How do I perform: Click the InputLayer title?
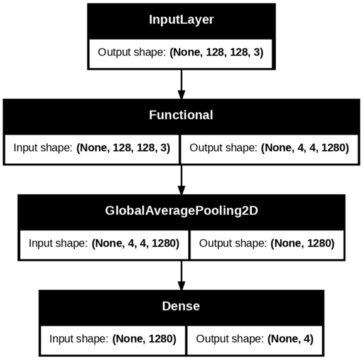tap(181, 19)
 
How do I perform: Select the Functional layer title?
tap(181, 115)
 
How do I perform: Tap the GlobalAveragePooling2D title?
tap(181, 211)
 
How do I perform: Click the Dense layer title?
tap(181, 306)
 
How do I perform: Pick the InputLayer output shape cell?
tap(181, 54)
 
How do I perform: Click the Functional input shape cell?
tap(92, 150)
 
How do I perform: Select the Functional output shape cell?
tap(269, 150)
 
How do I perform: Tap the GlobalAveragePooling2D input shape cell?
tap(104, 244)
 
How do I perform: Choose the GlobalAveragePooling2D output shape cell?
tap(267, 244)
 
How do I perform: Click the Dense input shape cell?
tap(113, 340)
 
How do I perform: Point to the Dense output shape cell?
tap(254, 340)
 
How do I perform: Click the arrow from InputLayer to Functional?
tap(181, 84)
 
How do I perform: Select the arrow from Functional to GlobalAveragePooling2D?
tap(181, 180)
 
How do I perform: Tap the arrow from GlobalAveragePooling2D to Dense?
tap(181, 275)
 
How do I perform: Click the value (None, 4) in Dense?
tap(290, 339)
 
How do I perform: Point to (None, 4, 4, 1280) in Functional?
tap(305, 148)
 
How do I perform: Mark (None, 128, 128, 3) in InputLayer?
tap(217, 52)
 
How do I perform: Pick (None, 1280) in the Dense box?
tap(144, 339)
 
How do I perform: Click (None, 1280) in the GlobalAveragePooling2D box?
tap(303, 244)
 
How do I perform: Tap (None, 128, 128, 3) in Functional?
tap(123, 148)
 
